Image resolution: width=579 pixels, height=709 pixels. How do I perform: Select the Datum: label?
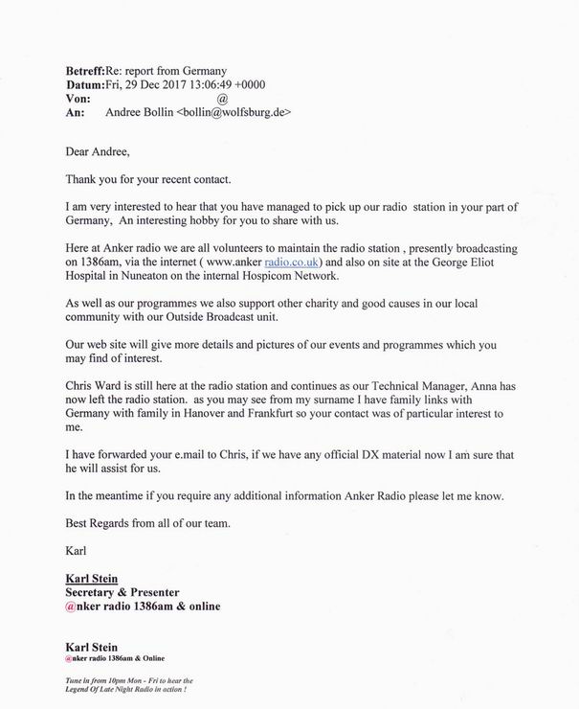click(85, 84)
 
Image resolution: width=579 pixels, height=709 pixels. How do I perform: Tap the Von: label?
click(78, 99)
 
